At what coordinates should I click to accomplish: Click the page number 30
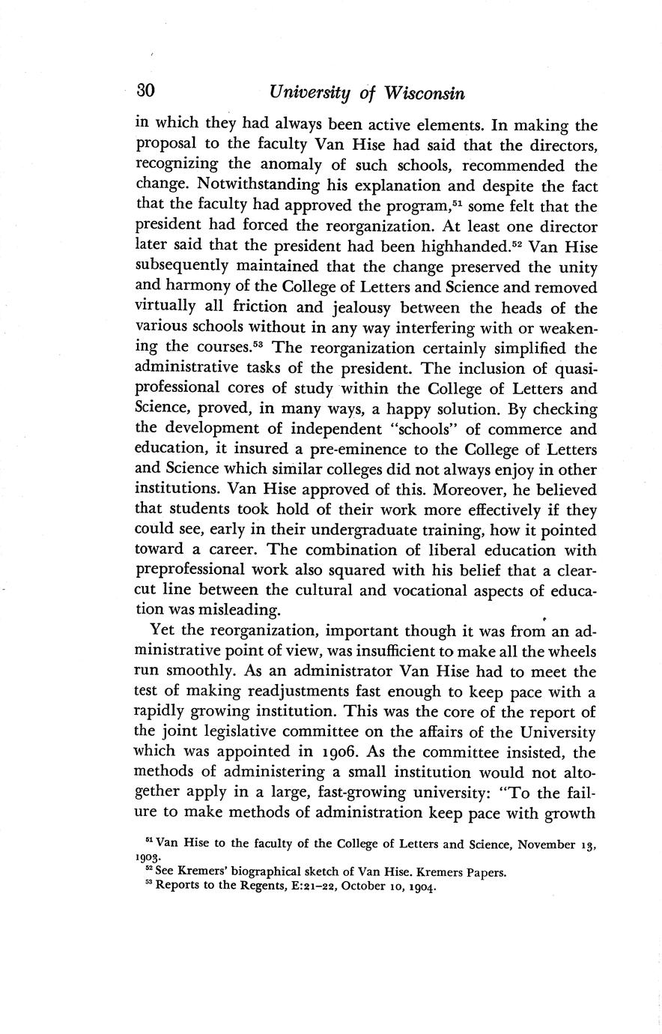tap(145, 92)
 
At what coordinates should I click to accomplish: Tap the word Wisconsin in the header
tap(425, 94)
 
